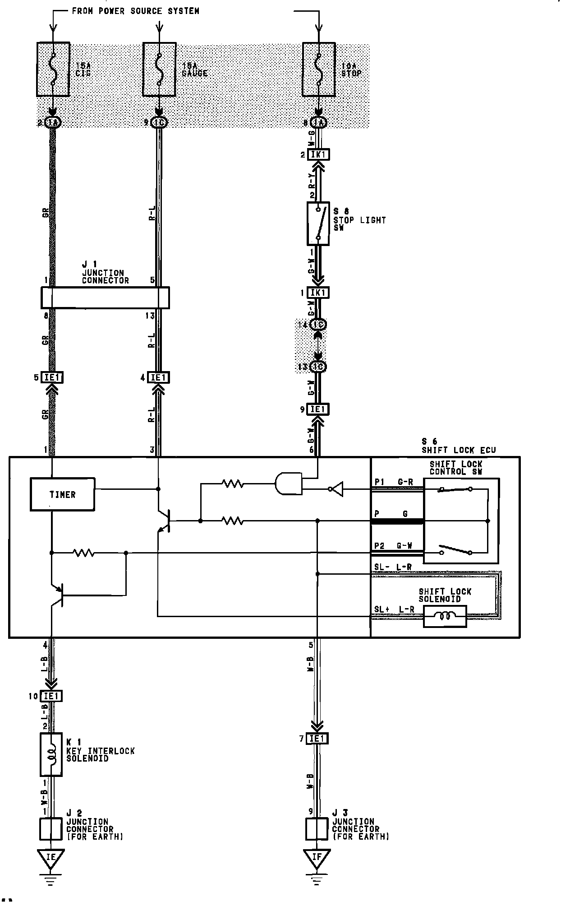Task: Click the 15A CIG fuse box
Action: pos(53,69)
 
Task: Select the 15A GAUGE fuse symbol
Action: pos(159,69)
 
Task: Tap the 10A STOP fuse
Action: pos(318,69)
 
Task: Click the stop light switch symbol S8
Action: pos(318,223)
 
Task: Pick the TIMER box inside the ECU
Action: pos(62,494)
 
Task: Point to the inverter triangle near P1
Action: pos(336,489)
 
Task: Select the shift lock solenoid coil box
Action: pos(445,616)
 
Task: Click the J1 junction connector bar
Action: pos(105,298)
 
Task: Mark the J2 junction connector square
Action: pos(51,829)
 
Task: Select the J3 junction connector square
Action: pos(317,829)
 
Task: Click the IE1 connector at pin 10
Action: pos(51,696)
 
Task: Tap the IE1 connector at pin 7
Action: pos(317,739)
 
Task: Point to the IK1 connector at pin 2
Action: pos(318,155)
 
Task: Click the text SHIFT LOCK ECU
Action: pos(459,450)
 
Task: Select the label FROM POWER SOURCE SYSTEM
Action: pos(135,11)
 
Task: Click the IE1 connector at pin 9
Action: pos(318,409)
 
